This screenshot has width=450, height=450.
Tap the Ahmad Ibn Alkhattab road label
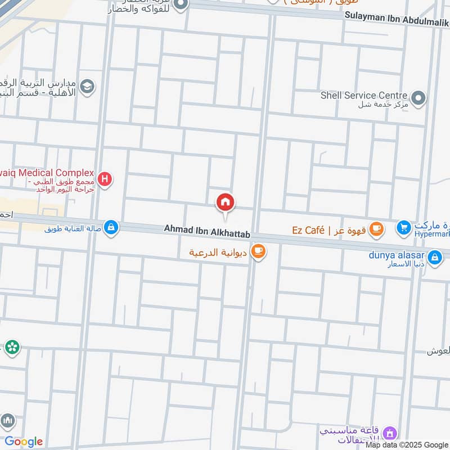pos(206,229)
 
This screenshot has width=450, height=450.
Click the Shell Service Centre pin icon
pos(418,99)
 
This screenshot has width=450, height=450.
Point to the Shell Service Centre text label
pos(364,96)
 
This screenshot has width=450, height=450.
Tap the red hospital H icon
pos(104,179)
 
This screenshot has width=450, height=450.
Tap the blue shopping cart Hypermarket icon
pos(403,228)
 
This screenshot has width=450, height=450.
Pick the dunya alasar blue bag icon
pos(434,258)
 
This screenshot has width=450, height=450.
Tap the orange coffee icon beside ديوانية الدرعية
pos(258,251)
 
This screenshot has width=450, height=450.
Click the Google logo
pos(24,442)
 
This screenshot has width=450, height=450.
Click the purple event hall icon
pos(389,434)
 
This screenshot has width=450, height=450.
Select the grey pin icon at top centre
pos(181,6)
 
